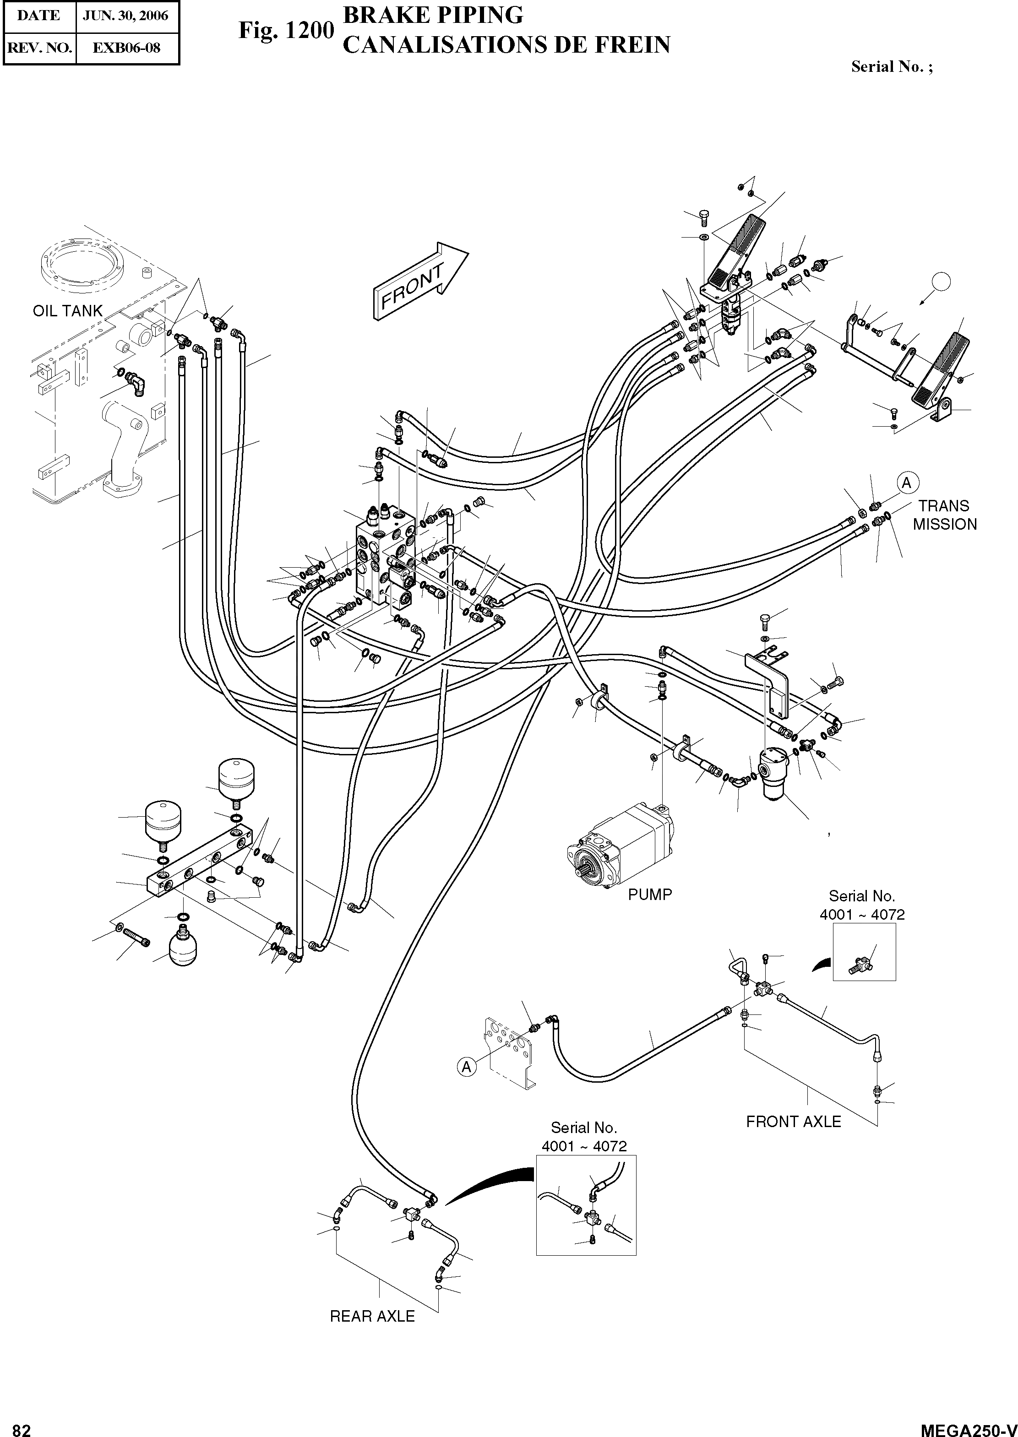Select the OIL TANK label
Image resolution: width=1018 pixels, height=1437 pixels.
point(67,311)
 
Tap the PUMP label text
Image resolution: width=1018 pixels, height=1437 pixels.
point(650,894)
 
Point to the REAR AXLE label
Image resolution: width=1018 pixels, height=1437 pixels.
point(372,1317)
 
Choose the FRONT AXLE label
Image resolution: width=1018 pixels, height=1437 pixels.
point(793,1121)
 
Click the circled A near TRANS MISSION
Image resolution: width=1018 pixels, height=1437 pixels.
point(906,483)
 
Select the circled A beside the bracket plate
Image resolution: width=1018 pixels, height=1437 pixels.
point(466,1066)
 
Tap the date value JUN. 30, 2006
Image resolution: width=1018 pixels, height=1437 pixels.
point(126,16)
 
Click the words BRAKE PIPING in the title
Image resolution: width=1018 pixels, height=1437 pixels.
point(433,15)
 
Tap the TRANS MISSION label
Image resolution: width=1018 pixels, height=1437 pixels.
point(944,515)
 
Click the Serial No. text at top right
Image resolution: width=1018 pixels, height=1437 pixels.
point(891,67)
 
